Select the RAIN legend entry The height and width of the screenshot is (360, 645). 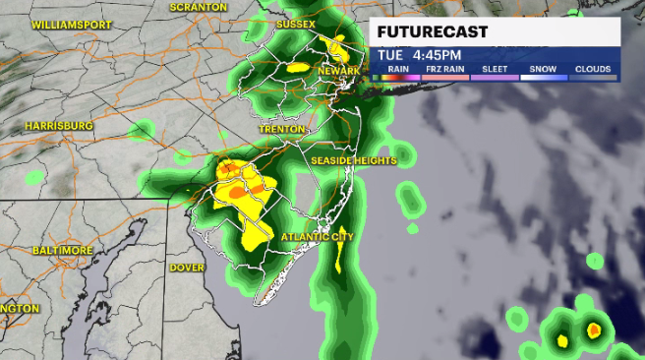[x=397, y=70]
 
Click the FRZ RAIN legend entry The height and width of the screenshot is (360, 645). [x=444, y=70]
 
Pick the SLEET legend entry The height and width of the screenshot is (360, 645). [x=494, y=70]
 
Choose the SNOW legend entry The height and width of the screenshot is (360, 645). [x=544, y=70]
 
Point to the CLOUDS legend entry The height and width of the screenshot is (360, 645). [x=593, y=70]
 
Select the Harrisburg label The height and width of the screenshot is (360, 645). [x=58, y=126]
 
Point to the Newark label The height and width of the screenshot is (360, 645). [x=341, y=72]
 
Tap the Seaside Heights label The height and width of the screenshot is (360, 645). [x=353, y=160]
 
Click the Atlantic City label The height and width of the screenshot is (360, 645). [x=317, y=237]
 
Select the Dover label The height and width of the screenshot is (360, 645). [x=187, y=268]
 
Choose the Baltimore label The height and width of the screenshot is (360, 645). [x=62, y=250]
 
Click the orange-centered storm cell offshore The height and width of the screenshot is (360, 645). [x=594, y=330]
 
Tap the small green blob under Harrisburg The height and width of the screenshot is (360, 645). [x=35, y=177]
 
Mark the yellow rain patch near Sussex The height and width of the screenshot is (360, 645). [x=339, y=45]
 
